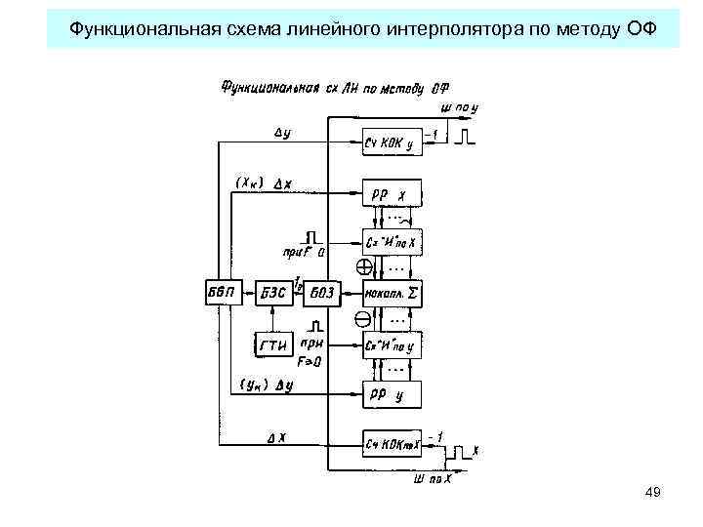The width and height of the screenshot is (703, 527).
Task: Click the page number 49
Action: click(x=653, y=493)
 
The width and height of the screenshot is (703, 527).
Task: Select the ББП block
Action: click(x=221, y=291)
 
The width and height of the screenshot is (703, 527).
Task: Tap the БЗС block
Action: click(x=272, y=291)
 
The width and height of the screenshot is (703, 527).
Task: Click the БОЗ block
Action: click(x=321, y=291)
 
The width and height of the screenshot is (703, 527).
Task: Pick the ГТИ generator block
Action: click(x=272, y=344)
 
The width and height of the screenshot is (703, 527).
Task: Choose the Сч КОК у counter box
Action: click(x=390, y=142)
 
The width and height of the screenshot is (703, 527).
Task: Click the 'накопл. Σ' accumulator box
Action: click(x=390, y=291)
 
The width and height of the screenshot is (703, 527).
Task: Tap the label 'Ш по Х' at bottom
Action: click(x=433, y=477)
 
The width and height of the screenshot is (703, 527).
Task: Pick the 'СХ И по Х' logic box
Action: click(x=390, y=240)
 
